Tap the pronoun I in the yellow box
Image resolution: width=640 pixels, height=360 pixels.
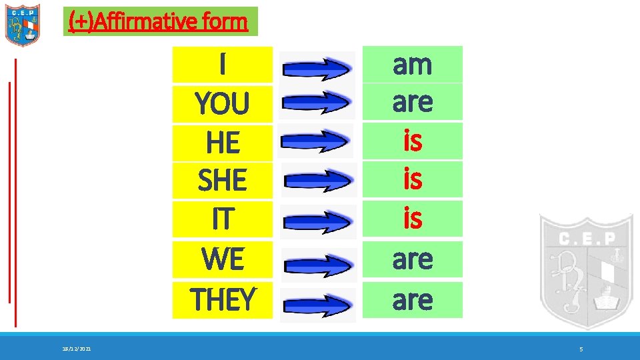pos(223,65)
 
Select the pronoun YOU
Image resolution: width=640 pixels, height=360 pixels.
pos(223,104)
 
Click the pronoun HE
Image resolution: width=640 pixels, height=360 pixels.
pos(223,142)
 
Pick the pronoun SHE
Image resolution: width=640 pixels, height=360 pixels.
pos(223,181)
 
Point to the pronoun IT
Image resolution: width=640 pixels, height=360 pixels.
pos(223,219)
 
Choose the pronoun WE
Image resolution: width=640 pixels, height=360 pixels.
pos(223,259)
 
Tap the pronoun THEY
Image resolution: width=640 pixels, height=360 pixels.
pos(223,299)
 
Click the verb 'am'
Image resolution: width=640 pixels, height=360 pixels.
pos(412,65)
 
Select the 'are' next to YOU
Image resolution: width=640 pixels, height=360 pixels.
pos(412,102)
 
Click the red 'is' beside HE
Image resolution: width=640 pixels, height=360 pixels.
pos(412,141)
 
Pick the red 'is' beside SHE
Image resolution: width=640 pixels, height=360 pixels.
pos(412,179)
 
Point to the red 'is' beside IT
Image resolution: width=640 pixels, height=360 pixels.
pos(412,218)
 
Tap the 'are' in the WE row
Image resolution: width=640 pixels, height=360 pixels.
pos(412,259)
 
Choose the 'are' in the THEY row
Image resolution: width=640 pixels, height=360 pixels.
pos(412,299)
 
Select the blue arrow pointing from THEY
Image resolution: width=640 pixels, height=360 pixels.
pos(317,303)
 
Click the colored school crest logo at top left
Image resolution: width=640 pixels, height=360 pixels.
pos(23,25)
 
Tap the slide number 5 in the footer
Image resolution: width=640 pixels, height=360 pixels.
pos(581,349)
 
